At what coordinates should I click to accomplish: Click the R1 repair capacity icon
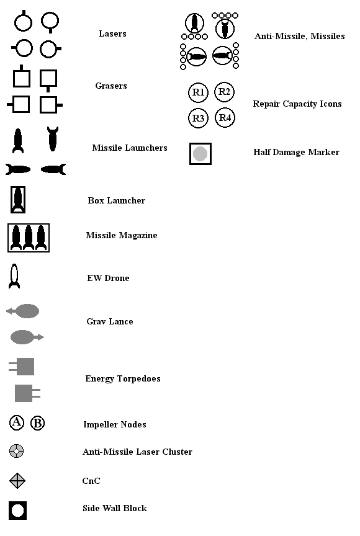coord(198,92)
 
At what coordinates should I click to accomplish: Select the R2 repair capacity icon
coord(224,92)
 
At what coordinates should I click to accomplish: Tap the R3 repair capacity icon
coord(198,118)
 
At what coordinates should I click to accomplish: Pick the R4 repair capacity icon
coord(225,118)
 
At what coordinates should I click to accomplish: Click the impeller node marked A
coord(17,422)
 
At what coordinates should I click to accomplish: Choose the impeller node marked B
coord(38,423)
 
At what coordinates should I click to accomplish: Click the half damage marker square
coord(200,154)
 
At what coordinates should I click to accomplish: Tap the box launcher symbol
coord(18,200)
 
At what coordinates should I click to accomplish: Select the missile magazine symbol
coord(29,238)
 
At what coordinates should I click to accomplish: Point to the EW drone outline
coord(14,276)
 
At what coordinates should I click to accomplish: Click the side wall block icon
coord(17,511)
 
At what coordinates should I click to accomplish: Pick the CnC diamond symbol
coord(17,481)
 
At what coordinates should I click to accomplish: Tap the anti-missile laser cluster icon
coord(16,451)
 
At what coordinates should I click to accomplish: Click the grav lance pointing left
coord(22,311)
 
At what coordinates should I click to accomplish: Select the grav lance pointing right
coord(27,337)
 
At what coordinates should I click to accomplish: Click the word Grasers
coord(111,86)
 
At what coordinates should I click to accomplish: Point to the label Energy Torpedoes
coord(123,379)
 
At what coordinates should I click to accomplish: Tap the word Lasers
coord(112,33)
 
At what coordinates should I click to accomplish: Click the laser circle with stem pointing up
coord(23,20)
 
